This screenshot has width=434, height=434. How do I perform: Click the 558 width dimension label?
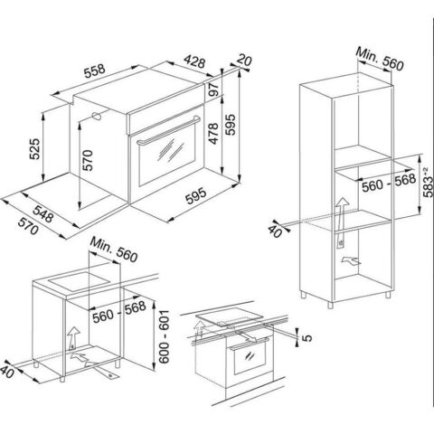95,71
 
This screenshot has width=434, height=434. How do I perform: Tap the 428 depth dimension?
194,61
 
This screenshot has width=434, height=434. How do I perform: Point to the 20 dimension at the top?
244,61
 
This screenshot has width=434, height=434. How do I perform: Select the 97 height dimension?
213,90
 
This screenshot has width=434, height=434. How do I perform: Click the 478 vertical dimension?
213,134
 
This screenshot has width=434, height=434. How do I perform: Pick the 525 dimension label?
34,148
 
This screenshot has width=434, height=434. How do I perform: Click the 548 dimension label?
42,213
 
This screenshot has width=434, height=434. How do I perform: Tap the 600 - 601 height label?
165,336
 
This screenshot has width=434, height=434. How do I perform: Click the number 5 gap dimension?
307,338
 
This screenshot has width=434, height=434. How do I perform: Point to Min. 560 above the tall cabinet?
379,59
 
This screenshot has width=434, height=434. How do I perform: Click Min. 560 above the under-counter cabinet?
114,250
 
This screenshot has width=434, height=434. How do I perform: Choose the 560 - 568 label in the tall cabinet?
389,184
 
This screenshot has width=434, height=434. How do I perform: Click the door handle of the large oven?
168,130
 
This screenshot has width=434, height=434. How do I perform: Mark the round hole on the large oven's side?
97,116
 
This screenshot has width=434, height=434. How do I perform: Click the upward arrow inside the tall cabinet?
341,222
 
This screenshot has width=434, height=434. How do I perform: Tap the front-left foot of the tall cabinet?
331,305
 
